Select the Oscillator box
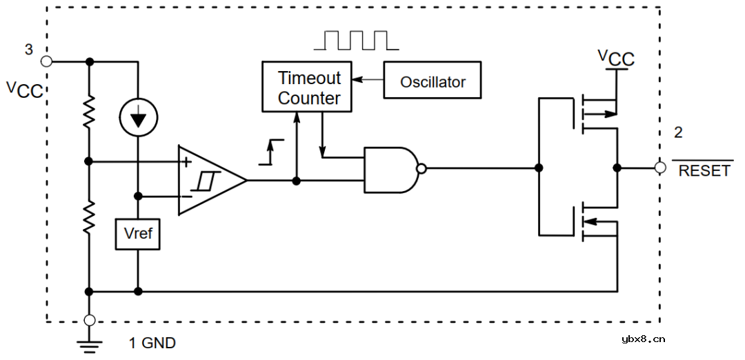pyautogui.click(x=433, y=81)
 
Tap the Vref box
pyautogui.click(x=138, y=234)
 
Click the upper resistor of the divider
pyautogui.click(x=89, y=112)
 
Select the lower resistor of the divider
pyautogui.click(x=89, y=217)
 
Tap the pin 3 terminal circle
pyautogui.click(x=46, y=61)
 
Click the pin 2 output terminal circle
pyautogui.click(x=660, y=168)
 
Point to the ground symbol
pyautogui.click(x=89, y=345)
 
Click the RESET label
pyautogui.click(x=704, y=171)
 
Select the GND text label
pyautogui.click(x=159, y=343)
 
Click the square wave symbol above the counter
pyautogui.click(x=355, y=40)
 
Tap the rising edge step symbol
pyautogui.click(x=272, y=152)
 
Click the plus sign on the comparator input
pyautogui.click(x=186, y=161)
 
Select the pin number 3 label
pyautogui.click(x=28, y=49)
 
